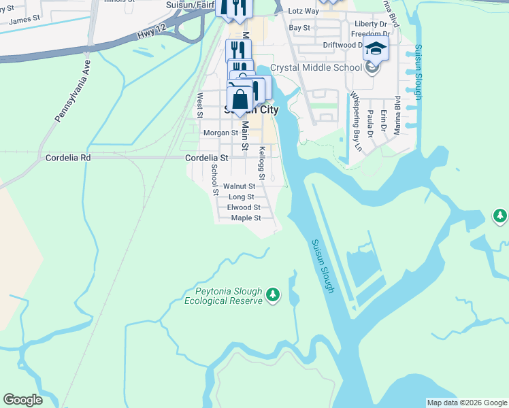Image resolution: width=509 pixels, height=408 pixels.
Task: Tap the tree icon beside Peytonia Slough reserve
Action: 273,294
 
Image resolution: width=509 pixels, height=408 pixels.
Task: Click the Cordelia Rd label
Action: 67,157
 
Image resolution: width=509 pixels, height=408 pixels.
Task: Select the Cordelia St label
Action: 208,157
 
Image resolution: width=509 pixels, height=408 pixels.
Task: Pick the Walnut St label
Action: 239,186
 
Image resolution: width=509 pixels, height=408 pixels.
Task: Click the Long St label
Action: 241,197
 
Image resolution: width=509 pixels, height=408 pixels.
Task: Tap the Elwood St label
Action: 244,207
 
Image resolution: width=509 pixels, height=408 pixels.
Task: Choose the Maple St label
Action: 246,218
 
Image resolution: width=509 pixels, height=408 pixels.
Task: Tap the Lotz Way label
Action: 303,12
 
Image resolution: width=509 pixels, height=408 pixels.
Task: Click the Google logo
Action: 23,400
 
